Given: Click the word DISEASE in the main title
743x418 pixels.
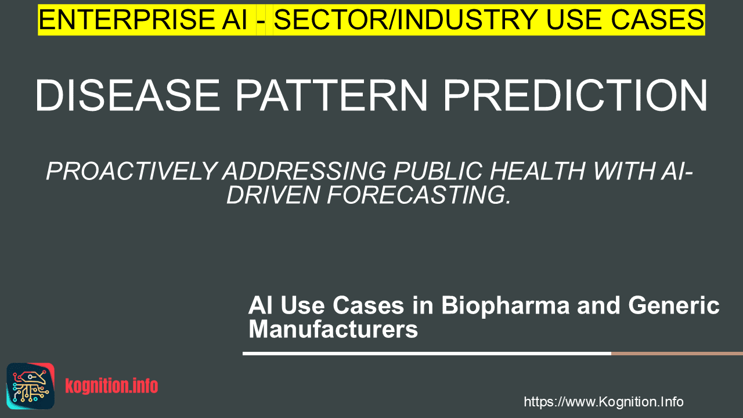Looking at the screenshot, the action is [127, 95].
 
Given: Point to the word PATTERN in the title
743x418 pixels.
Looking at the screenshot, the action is [331, 95].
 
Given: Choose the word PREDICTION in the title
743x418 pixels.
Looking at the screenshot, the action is [575, 95].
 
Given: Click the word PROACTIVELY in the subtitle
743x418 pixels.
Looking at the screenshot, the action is [132, 171].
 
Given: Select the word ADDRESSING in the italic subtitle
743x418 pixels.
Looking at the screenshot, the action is [304, 171].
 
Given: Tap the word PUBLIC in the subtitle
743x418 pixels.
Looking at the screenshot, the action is [438, 171].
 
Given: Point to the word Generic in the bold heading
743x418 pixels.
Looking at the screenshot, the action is [674, 305].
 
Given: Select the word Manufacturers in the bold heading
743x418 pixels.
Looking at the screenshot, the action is [333, 329].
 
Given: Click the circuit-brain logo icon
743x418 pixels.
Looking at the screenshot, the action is [31, 386].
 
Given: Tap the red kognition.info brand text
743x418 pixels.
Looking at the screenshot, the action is [111, 385].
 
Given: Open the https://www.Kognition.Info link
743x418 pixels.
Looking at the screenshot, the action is [603, 402].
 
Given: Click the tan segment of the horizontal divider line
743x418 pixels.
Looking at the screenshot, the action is [677, 354].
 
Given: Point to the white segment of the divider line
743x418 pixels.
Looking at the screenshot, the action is [427, 354].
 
